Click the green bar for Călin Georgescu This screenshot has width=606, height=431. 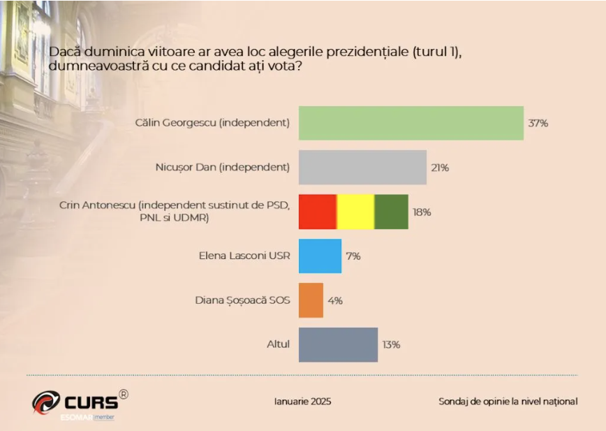point(411,123)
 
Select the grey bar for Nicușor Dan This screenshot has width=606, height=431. point(362,168)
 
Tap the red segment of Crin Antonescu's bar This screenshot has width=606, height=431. point(318,212)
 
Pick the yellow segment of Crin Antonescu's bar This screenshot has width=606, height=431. point(355,212)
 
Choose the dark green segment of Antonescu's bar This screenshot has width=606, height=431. point(392,212)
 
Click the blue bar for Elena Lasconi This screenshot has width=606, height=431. point(320,256)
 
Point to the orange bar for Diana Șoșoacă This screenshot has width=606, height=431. point(311,300)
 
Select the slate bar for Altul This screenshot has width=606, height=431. point(338,344)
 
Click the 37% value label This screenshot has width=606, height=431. point(538,124)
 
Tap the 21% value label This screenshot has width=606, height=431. point(440,168)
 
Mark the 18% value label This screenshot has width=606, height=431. point(422,212)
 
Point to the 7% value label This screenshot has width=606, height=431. point(353,256)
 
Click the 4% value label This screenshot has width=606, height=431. point(335,300)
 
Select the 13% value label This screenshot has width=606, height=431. point(391,344)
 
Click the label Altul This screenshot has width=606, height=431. point(279,344)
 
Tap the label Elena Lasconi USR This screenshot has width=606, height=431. point(244,256)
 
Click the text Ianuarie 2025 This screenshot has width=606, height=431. point(302,402)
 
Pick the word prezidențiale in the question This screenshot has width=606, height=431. point(369,51)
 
